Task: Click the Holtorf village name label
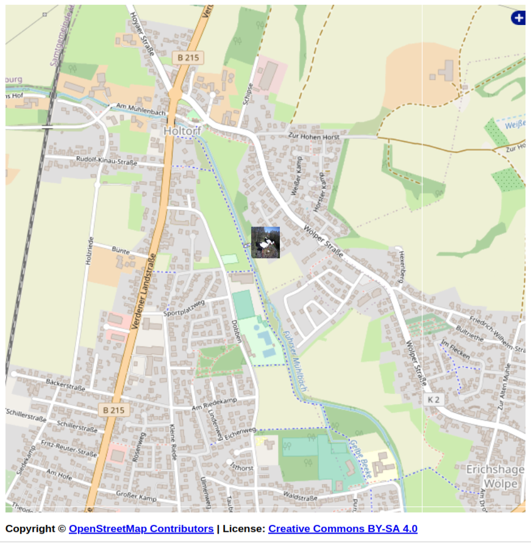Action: (183, 131)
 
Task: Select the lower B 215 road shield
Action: (113, 410)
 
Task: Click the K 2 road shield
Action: (433, 400)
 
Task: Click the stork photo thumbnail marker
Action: (265, 242)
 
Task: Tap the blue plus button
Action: (518, 18)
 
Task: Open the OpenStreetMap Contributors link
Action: (141, 529)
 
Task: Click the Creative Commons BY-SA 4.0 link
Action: (343, 529)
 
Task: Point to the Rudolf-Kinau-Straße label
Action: (106, 161)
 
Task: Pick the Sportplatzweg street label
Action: (184, 308)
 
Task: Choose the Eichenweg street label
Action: (240, 433)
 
